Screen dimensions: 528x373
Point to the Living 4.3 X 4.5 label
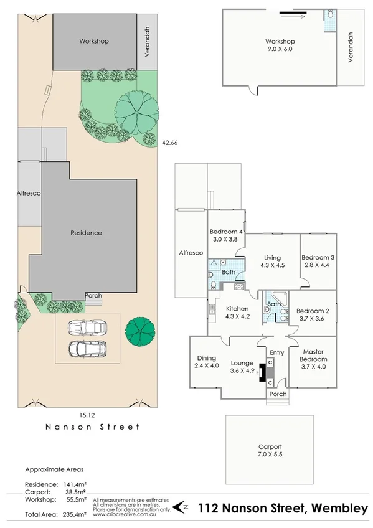click(x=272, y=262)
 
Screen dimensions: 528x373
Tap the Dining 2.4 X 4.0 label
click(x=206, y=362)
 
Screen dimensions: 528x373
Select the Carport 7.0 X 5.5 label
click(x=270, y=451)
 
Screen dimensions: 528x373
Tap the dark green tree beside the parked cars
click(x=138, y=331)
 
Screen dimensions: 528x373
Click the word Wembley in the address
click(x=341, y=509)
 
